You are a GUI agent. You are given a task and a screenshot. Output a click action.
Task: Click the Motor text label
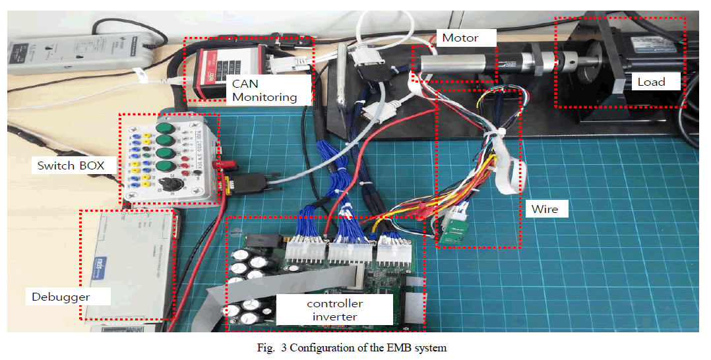[x=460, y=38]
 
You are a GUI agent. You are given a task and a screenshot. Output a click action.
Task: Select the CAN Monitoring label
[x=262, y=91]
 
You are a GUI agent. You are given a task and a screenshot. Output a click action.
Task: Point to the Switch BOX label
[x=71, y=165]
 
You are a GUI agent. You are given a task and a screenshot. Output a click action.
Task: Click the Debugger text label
[x=61, y=297]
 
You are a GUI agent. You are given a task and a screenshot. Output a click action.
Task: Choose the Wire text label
[x=545, y=209]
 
